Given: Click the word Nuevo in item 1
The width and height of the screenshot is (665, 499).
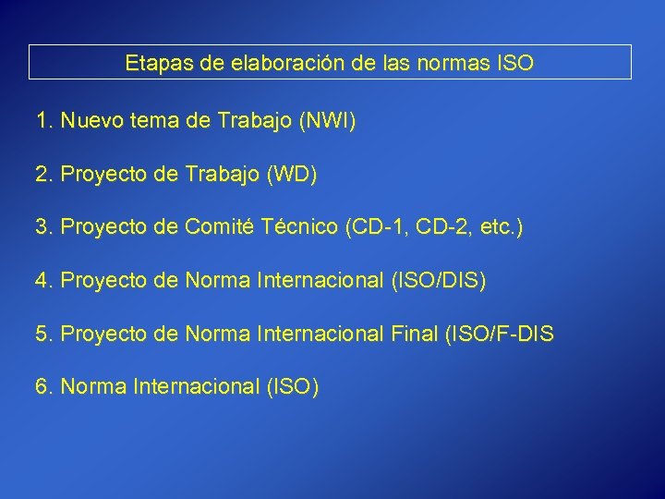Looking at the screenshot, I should coord(92,120).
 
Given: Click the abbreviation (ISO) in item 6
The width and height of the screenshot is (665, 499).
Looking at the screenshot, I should coord(292,386).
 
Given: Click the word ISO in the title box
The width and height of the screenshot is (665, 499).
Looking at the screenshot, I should coord(514,64).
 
